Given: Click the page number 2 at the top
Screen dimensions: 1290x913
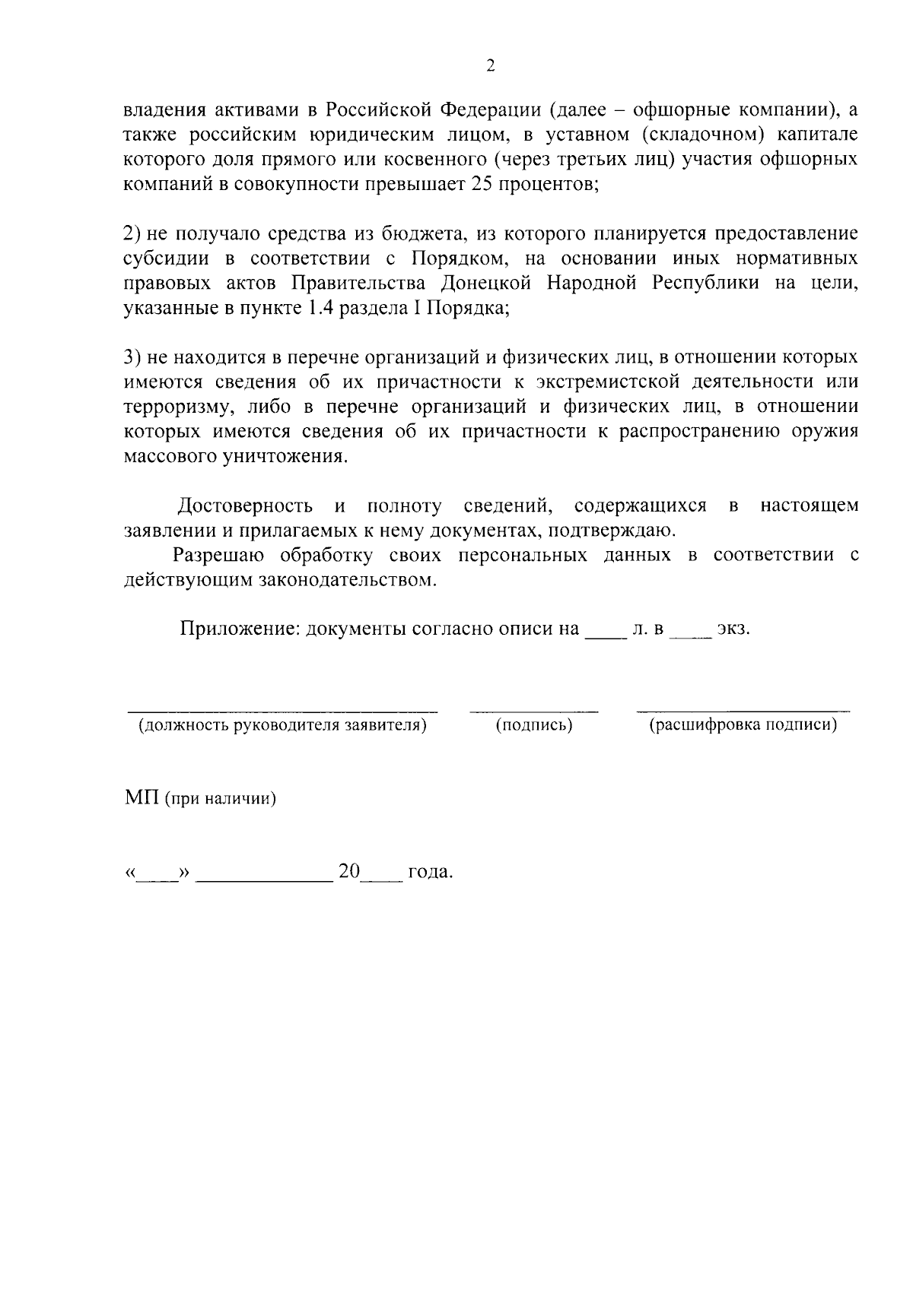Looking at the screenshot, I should tap(490, 66).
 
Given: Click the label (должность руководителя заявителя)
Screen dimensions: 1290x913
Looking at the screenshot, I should tap(282, 725).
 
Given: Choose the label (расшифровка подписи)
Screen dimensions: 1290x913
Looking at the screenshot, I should tap(743, 725).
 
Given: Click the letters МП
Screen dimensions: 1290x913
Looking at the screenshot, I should tap(142, 799).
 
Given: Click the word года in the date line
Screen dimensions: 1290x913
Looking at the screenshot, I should tap(430, 873).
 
